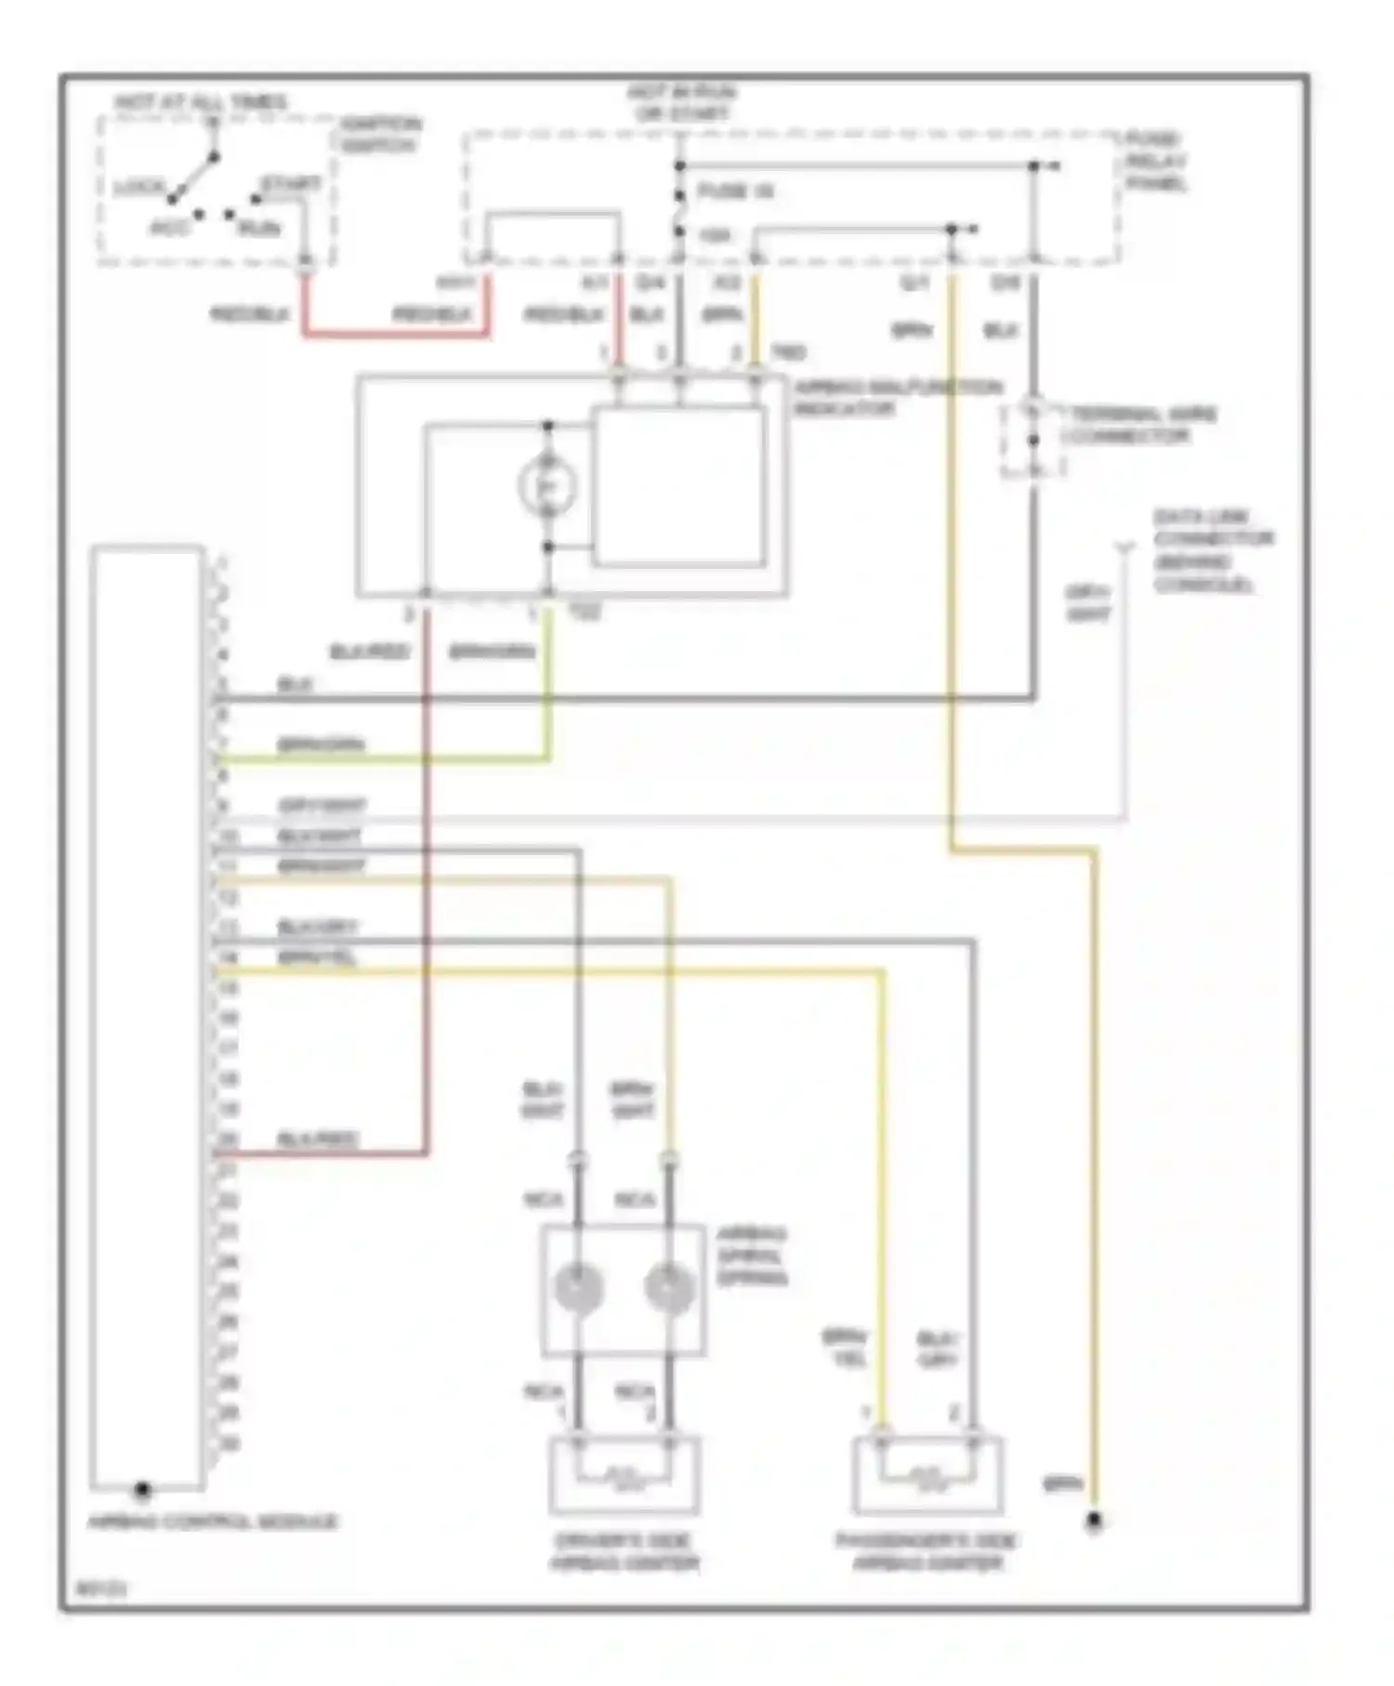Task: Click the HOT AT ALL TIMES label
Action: [201, 102]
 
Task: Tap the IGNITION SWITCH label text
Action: [379, 135]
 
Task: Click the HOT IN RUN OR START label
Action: [681, 103]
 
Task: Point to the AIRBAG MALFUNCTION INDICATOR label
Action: [897, 398]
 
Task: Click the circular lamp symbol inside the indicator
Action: [547, 486]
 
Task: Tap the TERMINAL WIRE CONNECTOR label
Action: [1140, 425]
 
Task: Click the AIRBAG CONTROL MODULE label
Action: [213, 1521]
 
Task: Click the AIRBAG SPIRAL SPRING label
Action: [752, 1256]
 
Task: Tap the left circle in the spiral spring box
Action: [578, 1288]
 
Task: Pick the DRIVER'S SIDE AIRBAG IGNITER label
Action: [624, 1552]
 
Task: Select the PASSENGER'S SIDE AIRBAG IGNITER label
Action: [927, 1552]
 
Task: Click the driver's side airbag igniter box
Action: [624, 1476]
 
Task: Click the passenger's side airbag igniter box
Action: [927, 1476]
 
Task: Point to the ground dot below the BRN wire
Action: [1094, 1521]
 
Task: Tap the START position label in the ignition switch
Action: [290, 184]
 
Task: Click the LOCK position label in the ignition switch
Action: [138, 189]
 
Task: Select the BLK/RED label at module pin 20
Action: [318, 1139]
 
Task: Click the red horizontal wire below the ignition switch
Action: [395, 333]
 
